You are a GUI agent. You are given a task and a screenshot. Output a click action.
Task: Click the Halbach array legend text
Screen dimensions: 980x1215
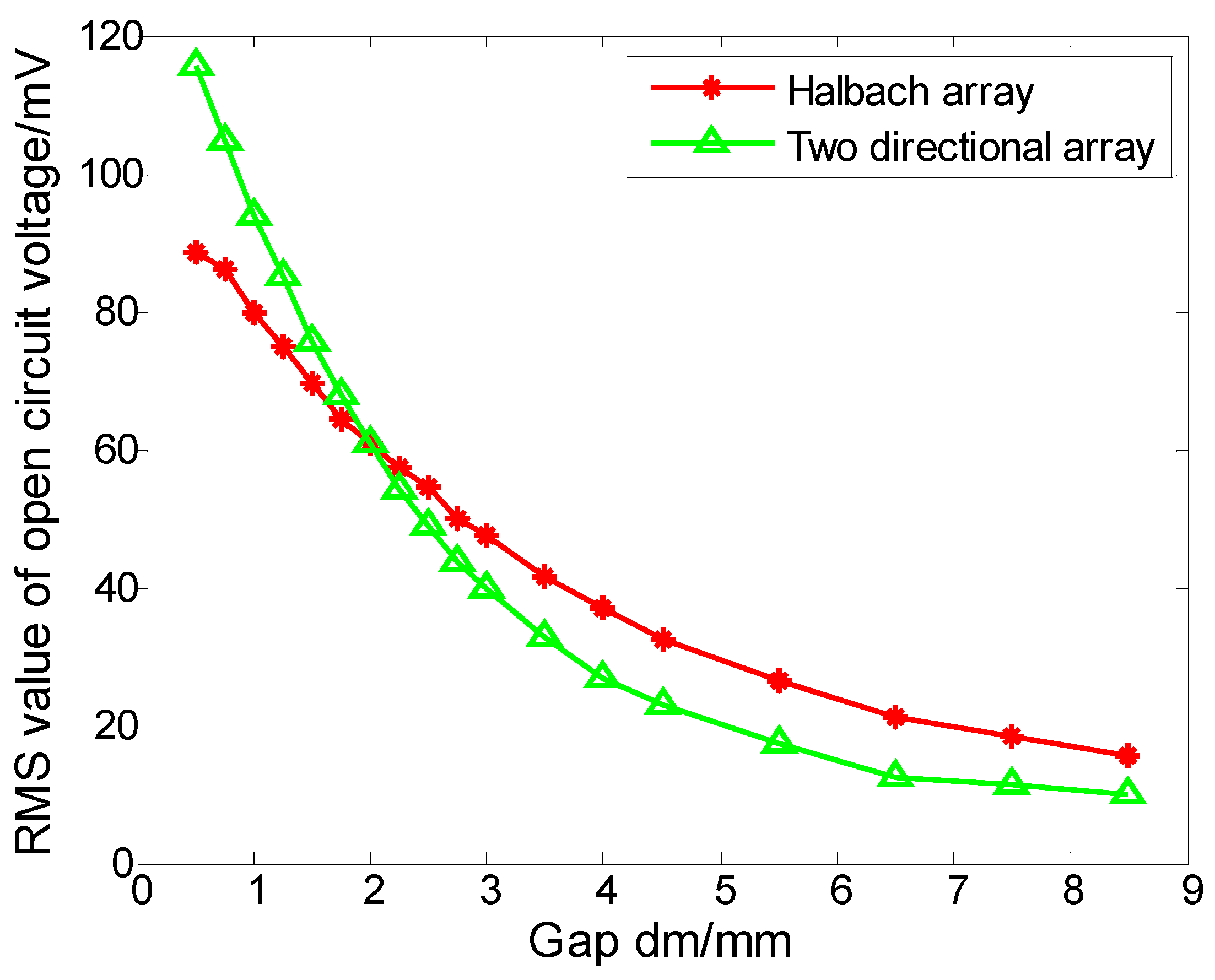tap(910, 91)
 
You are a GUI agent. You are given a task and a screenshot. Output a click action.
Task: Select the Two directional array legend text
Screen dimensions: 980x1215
tap(970, 147)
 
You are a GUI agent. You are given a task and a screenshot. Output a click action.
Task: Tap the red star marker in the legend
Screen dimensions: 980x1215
tap(711, 88)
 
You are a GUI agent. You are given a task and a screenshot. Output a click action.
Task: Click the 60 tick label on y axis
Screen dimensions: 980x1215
tap(116, 451)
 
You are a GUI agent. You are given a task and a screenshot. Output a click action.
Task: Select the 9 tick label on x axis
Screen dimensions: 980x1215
tap(1192, 891)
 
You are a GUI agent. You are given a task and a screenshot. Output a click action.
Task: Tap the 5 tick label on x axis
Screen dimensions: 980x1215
tap(725, 891)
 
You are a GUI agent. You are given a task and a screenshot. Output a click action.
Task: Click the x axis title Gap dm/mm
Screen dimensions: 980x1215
tap(660, 941)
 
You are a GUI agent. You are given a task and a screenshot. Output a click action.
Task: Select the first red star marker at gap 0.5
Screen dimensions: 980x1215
tap(196, 252)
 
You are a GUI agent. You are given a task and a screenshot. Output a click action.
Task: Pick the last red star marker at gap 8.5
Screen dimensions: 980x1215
tap(1127, 755)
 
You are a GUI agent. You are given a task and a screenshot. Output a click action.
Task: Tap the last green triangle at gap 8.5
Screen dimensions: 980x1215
tap(1127, 792)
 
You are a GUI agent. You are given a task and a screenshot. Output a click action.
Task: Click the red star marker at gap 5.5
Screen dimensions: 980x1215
tap(779, 681)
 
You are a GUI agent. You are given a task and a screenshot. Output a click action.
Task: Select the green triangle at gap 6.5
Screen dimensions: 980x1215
tap(895, 775)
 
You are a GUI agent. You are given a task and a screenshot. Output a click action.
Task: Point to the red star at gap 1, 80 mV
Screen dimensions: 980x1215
tap(254, 313)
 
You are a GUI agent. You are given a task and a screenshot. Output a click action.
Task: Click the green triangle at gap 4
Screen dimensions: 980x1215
tap(602, 676)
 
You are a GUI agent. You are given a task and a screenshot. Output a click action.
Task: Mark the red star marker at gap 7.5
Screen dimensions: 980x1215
tap(1012, 736)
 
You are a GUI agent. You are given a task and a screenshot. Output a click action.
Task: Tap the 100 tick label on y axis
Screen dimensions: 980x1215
tap(111, 175)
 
